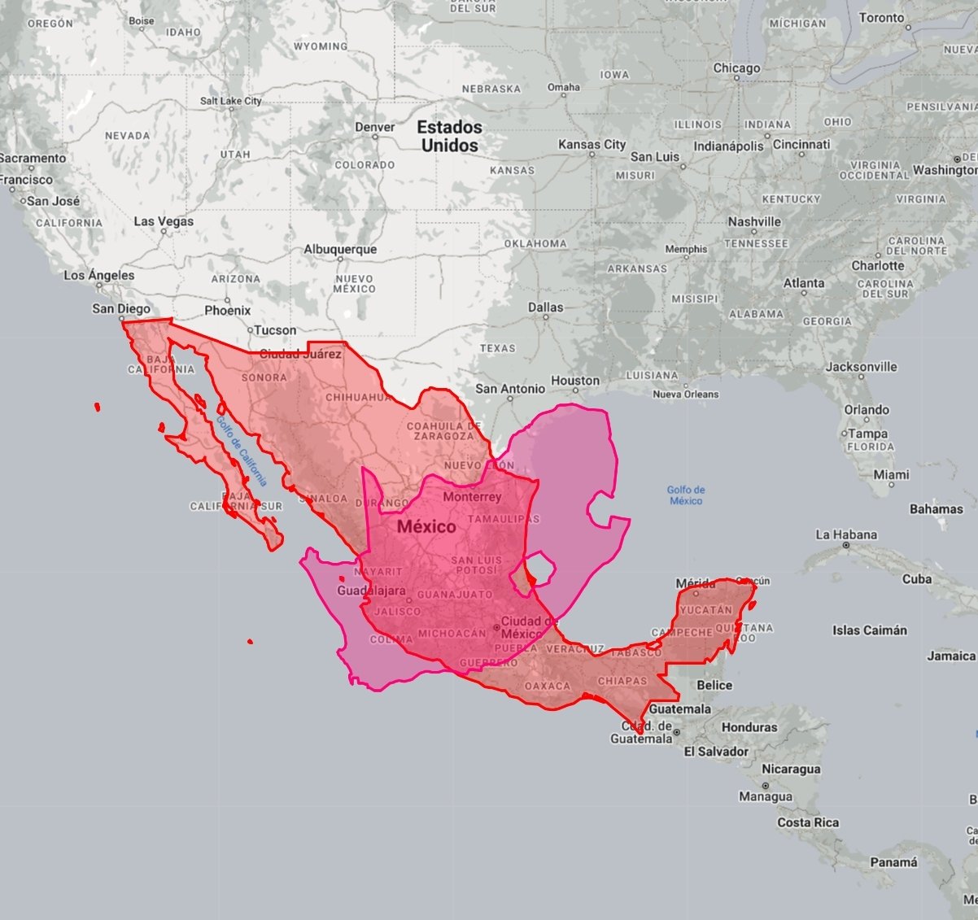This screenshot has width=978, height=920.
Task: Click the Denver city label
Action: (374, 127)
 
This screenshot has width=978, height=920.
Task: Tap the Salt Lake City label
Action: (231, 101)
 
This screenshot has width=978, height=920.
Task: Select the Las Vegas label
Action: (164, 221)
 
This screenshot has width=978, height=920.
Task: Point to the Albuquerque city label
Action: (340, 250)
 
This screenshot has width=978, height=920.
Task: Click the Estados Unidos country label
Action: (449, 136)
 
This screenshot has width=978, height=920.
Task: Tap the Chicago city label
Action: (736, 68)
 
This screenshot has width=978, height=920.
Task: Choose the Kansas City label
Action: (592, 145)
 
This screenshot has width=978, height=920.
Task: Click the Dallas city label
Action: (545, 307)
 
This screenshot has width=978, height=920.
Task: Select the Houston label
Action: (574, 380)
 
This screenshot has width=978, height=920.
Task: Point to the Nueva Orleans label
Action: (686, 395)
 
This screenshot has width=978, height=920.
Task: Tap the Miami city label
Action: (891, 474)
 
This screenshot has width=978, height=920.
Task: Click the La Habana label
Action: (846, 534)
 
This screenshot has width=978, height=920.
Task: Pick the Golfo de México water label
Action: (686, 495)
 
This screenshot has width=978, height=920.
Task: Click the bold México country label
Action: (426, 527)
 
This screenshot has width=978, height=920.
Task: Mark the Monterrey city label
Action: (472, 496)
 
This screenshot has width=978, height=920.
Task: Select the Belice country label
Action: (714, 685)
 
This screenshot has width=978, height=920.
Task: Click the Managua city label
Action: (765, 796)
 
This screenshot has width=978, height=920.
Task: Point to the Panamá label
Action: (893, 862)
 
